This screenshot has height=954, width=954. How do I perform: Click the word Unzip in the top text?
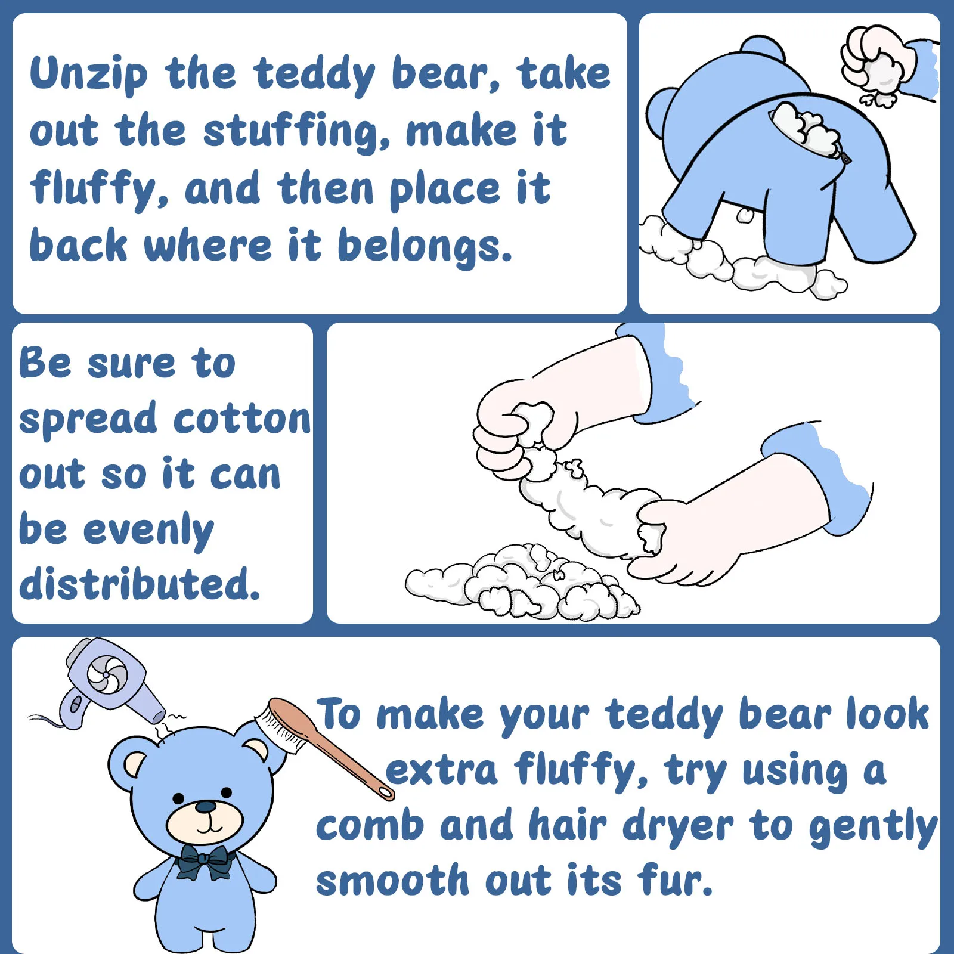coord(89,74)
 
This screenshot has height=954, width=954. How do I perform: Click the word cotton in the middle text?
coord(242,419)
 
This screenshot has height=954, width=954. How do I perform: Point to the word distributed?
coord(140,583)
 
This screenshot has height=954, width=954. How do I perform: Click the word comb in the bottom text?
coord(370,826)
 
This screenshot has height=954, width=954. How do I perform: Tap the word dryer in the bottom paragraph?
coord(678,828)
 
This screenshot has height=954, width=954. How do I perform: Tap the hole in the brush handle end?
coord(386,791)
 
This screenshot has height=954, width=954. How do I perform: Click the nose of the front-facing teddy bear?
coord(206,807)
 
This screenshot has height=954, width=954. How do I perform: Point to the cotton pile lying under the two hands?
coord(522,581)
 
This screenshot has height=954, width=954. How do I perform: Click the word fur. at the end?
coord(675,880)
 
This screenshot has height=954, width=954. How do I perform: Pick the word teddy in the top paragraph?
coord(314,75)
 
